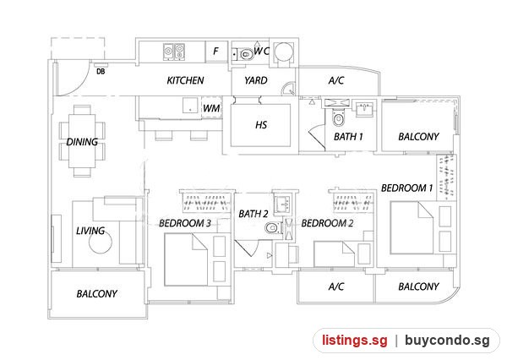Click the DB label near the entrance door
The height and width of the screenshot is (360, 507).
101,72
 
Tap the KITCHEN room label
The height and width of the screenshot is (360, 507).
185,80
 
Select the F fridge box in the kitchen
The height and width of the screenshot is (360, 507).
216,51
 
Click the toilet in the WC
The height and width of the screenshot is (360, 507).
246,54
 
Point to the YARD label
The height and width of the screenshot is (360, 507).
256,80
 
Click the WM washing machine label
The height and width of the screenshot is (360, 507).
211,108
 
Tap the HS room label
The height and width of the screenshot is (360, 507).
261,125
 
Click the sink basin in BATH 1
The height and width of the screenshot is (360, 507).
365,108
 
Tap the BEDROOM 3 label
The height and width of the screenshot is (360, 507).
185,223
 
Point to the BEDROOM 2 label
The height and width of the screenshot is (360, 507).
327,223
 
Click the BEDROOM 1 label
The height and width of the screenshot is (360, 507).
406,188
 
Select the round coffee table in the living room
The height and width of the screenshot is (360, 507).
101,243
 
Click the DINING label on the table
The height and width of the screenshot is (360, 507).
82,142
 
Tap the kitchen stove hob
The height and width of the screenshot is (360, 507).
173,52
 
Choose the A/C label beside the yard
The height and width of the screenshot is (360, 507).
336,80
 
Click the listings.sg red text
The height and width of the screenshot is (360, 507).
355,341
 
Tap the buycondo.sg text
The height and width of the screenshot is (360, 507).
447,341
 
